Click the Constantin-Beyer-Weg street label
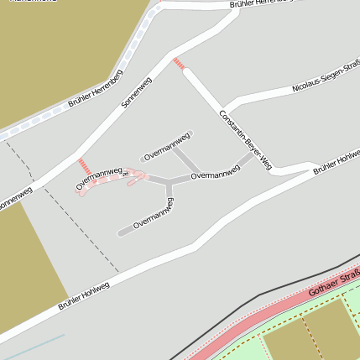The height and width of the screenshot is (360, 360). tap(246, 139)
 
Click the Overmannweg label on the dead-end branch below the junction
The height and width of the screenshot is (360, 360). tap(153, 213)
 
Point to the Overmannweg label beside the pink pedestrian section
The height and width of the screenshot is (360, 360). tap(99, 173)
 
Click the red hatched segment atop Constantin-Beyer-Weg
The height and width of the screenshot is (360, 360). tap(178, 63)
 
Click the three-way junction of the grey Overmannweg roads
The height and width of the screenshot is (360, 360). tap(168, 180)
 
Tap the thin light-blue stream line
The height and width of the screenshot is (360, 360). tap(34, 346)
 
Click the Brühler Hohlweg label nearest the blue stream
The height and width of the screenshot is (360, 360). tap(84, 295)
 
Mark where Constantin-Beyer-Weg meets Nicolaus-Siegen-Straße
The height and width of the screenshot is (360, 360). tap(224, 107)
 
